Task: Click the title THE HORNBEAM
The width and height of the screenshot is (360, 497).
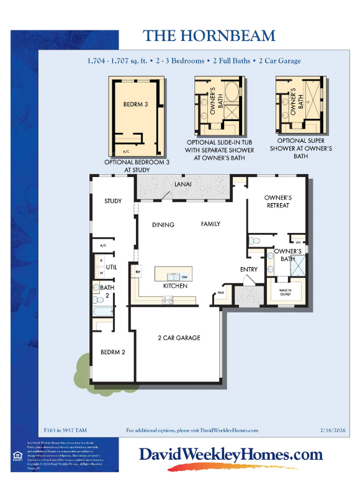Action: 209,35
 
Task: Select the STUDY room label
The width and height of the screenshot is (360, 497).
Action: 113,201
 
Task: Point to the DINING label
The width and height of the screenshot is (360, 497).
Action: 163,225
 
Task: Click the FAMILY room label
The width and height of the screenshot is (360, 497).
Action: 210,224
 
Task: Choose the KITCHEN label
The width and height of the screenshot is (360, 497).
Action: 175,286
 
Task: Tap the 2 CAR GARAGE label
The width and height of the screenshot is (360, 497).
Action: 179,338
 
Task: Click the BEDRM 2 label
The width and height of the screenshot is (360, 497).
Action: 113,352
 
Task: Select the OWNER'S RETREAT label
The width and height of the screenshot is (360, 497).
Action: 277,201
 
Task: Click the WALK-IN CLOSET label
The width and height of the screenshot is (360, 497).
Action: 285,292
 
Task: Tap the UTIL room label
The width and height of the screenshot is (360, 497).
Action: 112,267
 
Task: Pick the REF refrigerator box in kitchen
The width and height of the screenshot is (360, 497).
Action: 138,272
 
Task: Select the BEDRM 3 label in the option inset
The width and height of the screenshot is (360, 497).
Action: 135,104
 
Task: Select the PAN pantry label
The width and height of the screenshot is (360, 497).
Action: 220,293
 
